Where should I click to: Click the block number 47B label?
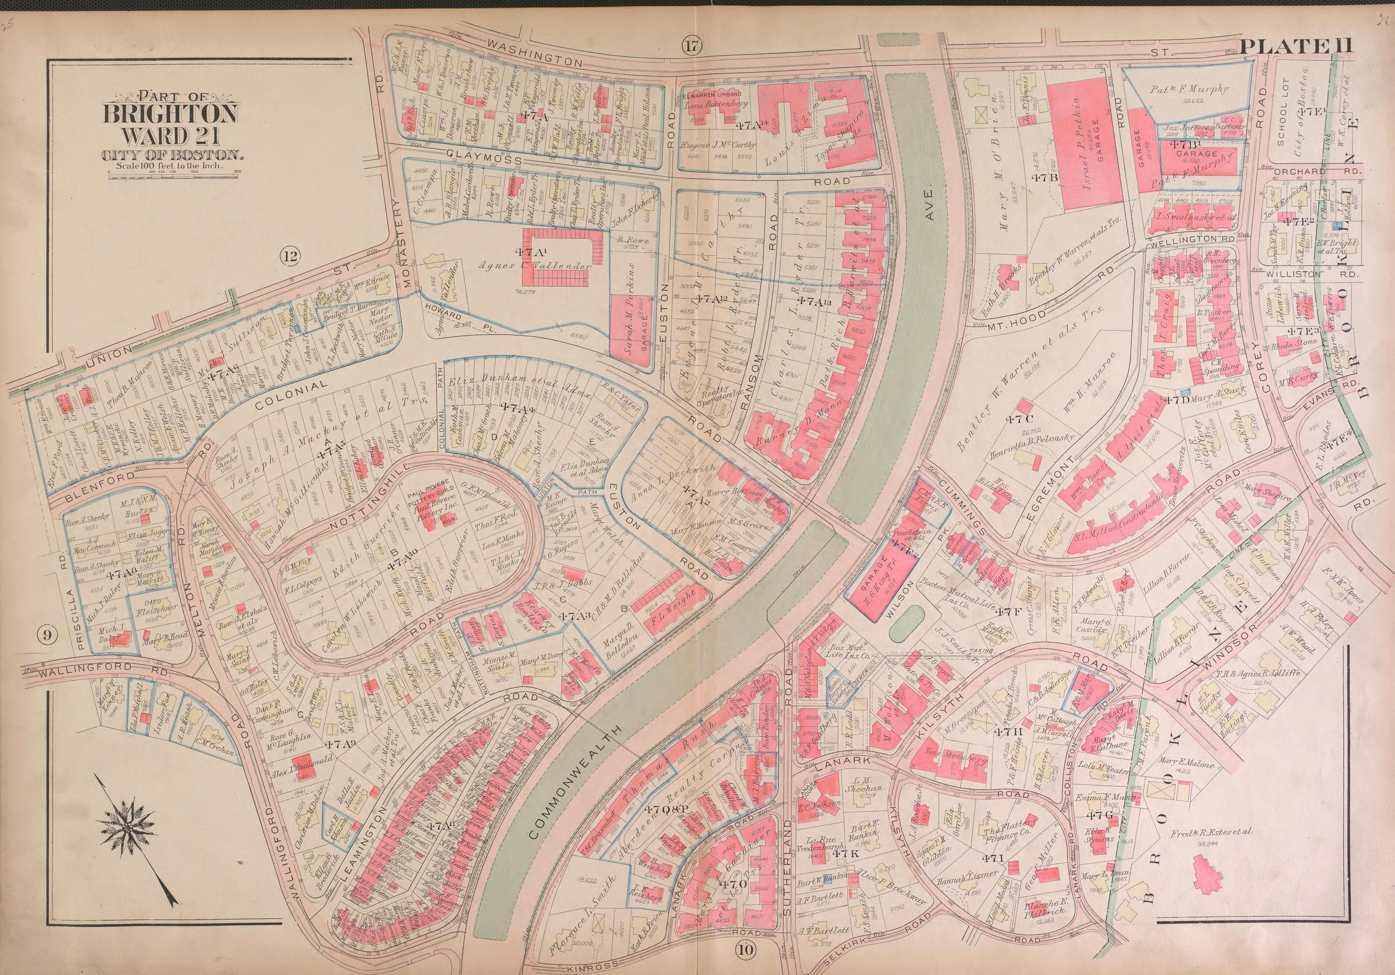click(x=1045, y=177)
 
